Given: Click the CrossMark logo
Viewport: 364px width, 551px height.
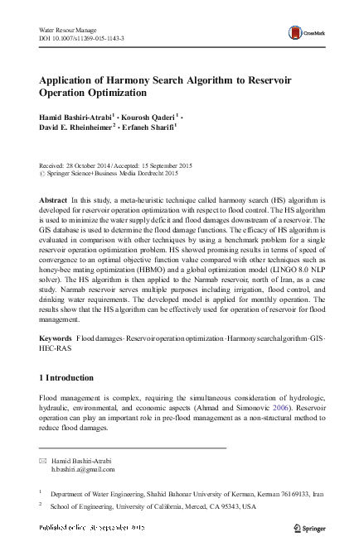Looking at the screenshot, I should pos(304,34).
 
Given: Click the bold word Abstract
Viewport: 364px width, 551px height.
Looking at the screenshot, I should pos(55,201).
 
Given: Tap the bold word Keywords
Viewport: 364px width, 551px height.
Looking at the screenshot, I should pos(57,363).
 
